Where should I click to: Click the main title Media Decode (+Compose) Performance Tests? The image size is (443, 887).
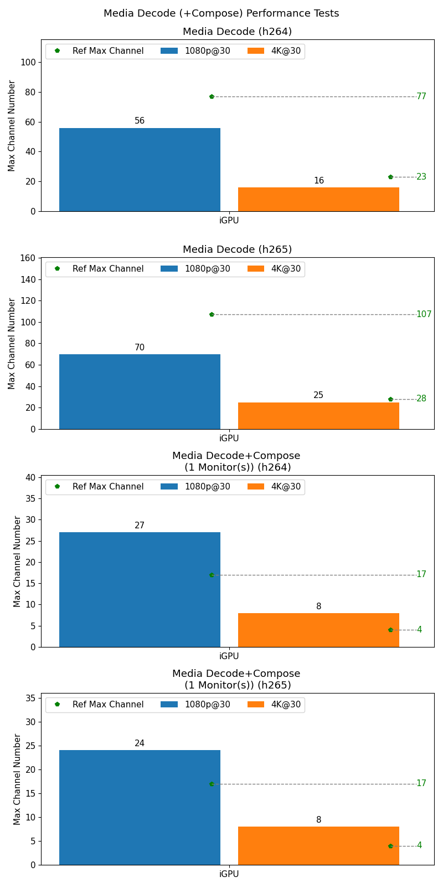(221, 13)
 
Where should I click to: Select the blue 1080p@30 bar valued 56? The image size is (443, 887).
(140, 170)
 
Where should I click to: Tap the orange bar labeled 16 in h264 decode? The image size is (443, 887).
(318, 199)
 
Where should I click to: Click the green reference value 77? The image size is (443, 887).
(421, 96)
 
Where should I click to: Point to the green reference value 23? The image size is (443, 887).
(421, 177)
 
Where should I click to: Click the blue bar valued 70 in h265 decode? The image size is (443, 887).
(140, 391)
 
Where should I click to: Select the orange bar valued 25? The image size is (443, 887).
(318, 415)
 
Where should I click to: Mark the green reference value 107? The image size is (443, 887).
(424, 314)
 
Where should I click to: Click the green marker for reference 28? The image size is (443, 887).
(390, 399)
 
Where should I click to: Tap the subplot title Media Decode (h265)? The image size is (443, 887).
(237, 249)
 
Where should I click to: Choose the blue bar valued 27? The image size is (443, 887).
(140, 589)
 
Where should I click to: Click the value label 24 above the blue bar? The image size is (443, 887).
(140, 743)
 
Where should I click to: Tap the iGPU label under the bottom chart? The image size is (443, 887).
(229, 874)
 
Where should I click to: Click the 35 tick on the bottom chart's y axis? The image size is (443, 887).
(31, 698)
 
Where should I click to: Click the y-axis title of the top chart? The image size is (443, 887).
(12, 126)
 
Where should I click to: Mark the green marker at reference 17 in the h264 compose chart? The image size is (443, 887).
(212, 575)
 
